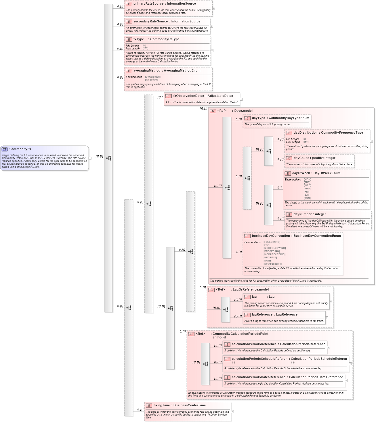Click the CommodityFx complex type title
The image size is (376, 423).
[20, 149]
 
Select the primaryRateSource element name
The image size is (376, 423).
[148, 3]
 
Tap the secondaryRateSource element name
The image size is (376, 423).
[150, 21]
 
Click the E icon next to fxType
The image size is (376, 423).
[129, 39]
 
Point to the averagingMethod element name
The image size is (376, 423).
[147, 70]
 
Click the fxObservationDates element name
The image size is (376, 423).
[189, 96]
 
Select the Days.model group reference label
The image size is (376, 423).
[243, 111]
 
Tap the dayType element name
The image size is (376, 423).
[258, 118]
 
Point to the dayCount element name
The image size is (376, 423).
[300, 158]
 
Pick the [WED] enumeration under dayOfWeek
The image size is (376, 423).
[307, 185]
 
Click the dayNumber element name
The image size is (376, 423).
[302, 214]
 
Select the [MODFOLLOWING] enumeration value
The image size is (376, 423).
[274, 248]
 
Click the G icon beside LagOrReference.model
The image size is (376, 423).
[211, 290]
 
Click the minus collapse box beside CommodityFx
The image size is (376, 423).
[90, 158]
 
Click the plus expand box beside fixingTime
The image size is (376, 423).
[232, 412]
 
